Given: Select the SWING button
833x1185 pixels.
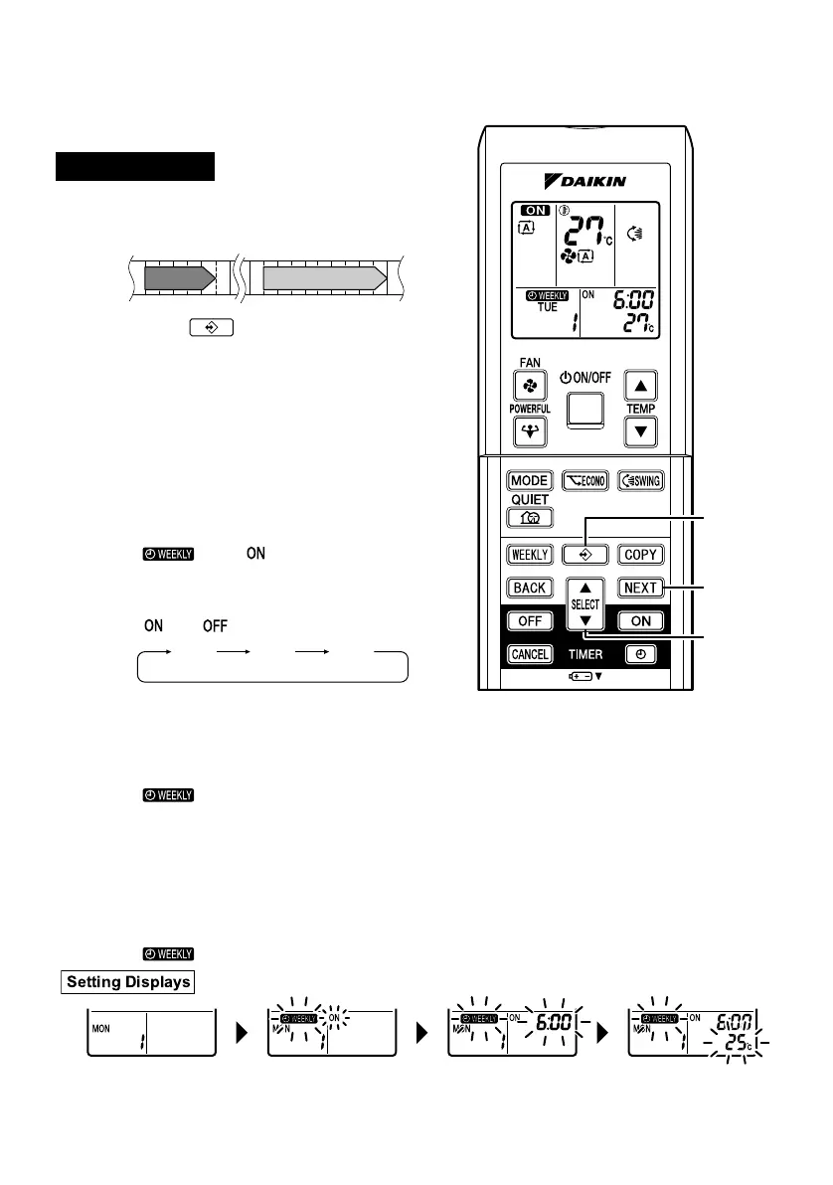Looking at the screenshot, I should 639,480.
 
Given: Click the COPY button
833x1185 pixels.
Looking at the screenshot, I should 640,555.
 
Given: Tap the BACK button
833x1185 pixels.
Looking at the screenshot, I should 530,588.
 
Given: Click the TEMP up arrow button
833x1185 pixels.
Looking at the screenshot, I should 641,386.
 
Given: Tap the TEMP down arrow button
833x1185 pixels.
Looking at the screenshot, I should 641,431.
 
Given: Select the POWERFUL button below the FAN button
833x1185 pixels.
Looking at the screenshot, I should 528,431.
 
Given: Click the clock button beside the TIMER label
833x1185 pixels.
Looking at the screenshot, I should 640,654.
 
